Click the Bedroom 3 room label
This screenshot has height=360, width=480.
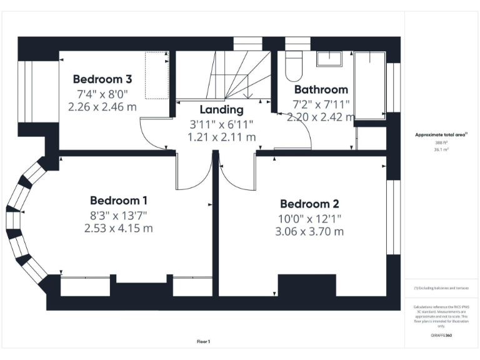coord(102,79)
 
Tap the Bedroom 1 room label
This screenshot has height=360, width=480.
coord(119,201)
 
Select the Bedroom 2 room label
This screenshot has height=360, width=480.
coord(309,204)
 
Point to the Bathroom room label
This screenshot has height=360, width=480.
coord(321,89)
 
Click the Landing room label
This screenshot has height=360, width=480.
coord(222,110)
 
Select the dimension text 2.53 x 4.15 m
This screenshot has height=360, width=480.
coord(119,229)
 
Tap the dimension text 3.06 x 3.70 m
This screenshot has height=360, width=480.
coord(309,232)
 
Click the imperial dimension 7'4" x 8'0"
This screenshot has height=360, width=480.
coord(102,94)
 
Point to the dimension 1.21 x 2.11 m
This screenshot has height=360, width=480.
coord(222,137)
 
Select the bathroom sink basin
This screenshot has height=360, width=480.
coord(328,59)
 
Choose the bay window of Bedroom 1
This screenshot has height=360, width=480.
coord(22,219)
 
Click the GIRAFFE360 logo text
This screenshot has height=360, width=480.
coord(442,336)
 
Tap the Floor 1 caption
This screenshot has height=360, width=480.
coord(204,341)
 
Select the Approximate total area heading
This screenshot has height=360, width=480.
coord(441,135)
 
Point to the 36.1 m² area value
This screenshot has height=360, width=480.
coord(441,149)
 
